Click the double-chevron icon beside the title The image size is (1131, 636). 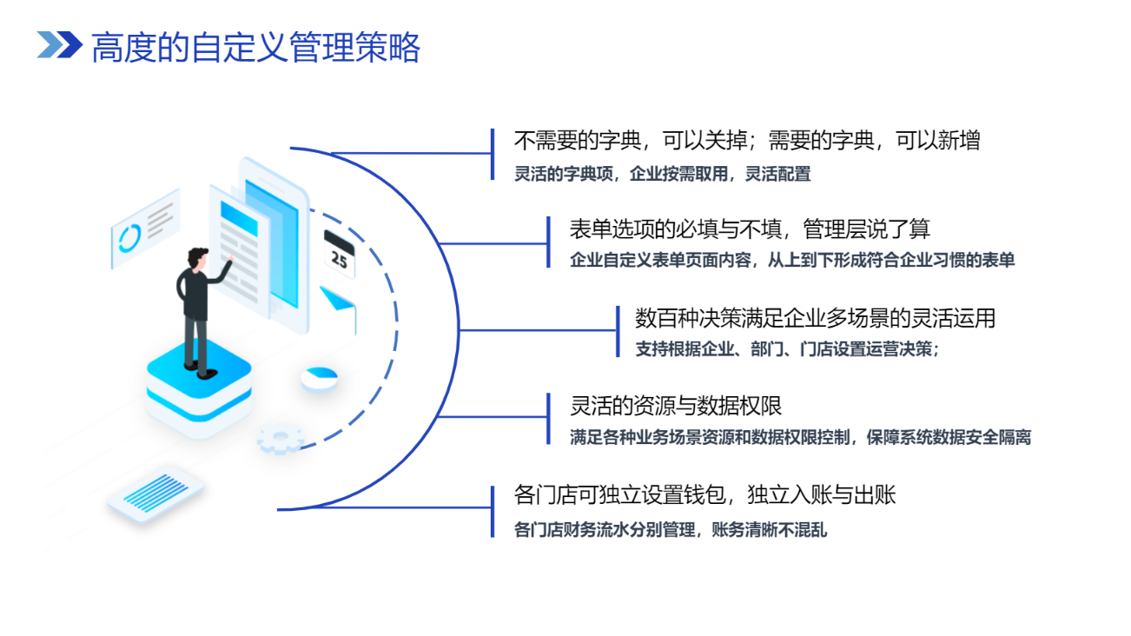point(60,44)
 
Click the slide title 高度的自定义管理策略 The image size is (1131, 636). point(255,48)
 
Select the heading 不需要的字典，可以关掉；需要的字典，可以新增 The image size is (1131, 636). point(747,141)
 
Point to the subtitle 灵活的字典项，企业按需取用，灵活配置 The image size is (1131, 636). point(663,175)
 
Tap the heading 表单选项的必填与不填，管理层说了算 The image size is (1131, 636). point(750,229)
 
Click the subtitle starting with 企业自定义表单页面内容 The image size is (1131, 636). point(792,260)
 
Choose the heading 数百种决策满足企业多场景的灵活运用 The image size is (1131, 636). point(815,318)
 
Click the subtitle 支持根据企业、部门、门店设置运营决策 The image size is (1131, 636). point(787,349)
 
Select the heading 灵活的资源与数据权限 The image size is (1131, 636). point(676,406)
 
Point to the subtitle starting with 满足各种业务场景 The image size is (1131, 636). point(800,438)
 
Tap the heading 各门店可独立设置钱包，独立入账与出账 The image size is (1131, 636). point(704,495)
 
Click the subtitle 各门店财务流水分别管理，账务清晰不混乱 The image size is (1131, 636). point(671,530)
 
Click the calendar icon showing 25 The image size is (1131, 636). point(340,254)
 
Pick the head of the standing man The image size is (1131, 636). point(197,258)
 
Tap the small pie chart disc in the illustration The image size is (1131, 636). point(319,380)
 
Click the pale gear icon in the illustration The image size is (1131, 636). point(281,439)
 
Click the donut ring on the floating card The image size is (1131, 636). point(129,238)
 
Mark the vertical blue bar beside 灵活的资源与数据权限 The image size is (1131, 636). point(548,419)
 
